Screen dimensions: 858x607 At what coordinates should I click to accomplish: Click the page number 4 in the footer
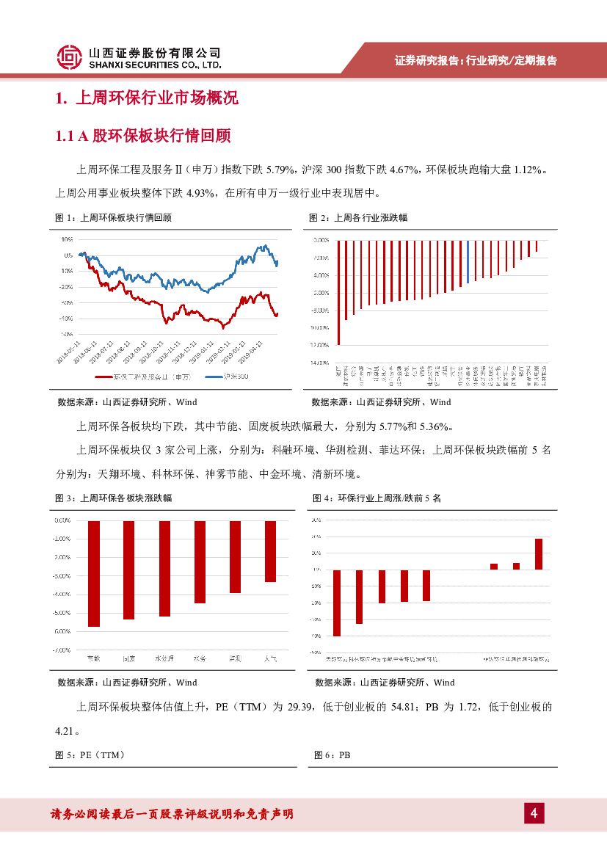[x=534, y=813]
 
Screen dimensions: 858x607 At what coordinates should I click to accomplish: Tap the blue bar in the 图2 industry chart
[x=468, y=261]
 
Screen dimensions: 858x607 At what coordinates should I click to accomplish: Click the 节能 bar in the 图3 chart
[x=93, y=573]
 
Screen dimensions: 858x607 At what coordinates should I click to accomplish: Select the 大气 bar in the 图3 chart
[x=270, y=551]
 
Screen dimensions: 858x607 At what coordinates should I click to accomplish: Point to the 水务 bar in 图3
[x=200, y=561]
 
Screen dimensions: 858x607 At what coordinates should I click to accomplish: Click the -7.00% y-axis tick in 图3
[x=62, y=650]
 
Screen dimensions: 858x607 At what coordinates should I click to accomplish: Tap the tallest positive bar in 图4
[x=538, y=554]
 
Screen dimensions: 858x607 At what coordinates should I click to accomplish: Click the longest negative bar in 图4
[x=337, y=603]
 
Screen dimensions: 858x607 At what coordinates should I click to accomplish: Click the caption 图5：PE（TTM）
[x=90, y=755]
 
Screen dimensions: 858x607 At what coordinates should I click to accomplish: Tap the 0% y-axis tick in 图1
[x=68, y=255]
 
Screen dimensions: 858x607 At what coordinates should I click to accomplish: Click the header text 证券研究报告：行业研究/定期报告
[x=476, y=61]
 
